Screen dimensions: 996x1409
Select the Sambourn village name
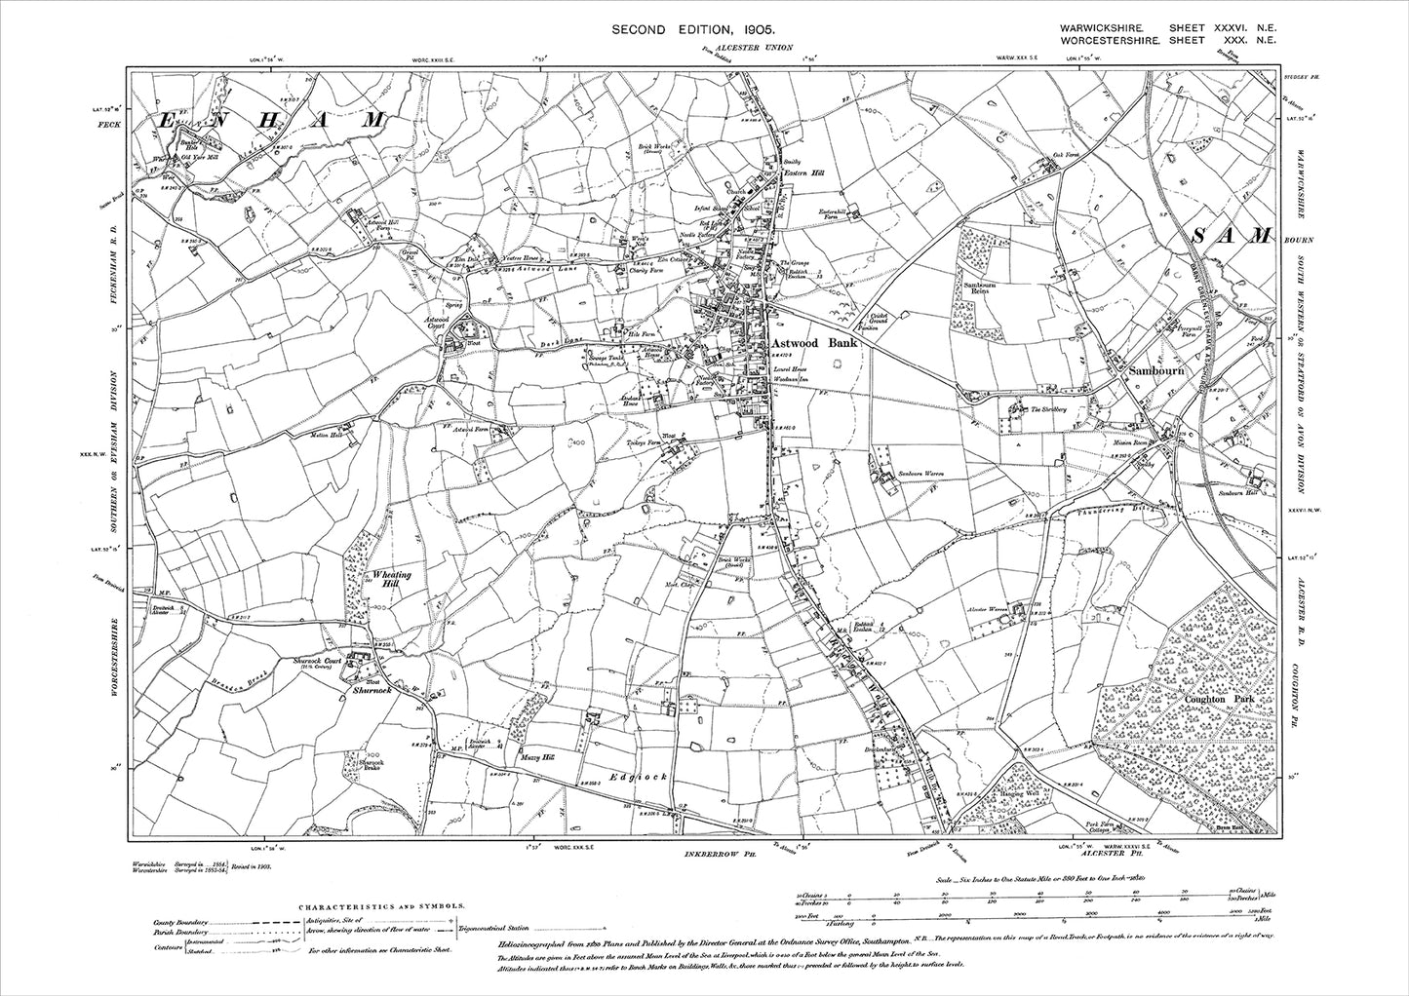pos(1156,371)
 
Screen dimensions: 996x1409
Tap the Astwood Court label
pos(449,324)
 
